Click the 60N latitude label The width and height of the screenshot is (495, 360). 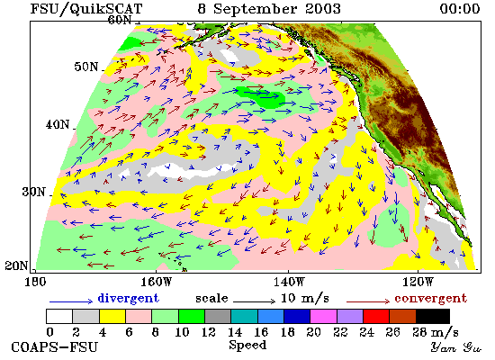point(120,20)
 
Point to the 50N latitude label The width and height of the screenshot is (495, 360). point(86,67)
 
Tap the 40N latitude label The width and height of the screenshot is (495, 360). point(58,124)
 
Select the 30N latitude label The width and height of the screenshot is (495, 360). point(34,192)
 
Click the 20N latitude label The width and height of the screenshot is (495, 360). point(17,265)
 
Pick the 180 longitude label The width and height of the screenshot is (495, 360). point(35,282)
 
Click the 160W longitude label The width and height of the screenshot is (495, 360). point(156,282)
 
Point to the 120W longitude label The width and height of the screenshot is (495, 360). point(418,282)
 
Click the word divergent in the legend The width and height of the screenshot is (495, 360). point(128,298)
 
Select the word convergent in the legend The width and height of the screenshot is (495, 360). point(430,299)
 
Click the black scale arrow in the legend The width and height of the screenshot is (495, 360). point(255,301)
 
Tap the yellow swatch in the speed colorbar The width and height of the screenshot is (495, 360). point(112,316)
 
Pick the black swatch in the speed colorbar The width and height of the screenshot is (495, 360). point(433,316)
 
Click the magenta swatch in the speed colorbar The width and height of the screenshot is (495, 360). point(323,316)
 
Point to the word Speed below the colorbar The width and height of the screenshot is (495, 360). point(247,345)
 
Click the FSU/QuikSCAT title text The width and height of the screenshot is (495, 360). point(86,8)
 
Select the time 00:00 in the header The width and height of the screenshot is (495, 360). point(460,8)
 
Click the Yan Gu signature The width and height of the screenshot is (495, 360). point(456,347)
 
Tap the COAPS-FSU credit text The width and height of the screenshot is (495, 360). point(55,347)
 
